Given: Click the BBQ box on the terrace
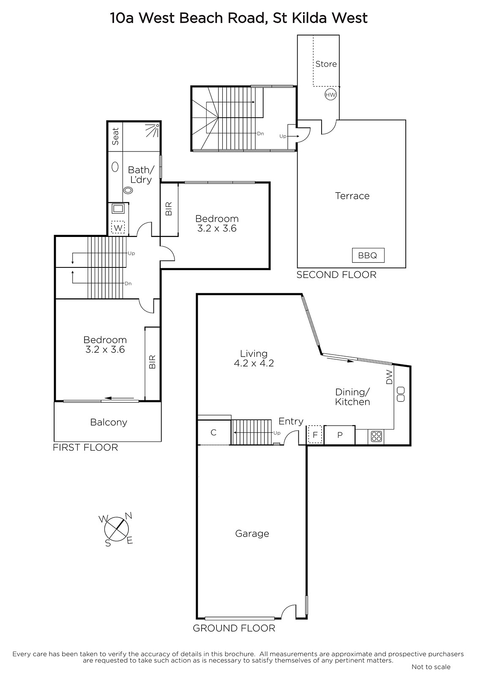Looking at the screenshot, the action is click(x=368, y=256).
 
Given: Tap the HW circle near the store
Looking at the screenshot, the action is click(x=331, y=95).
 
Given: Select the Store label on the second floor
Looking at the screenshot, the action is click(x=326, y=64).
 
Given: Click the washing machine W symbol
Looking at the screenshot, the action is click(x=118, y=228).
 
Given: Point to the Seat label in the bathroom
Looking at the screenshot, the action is click(x=115, y=136).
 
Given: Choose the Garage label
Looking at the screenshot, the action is click(x=252, y=534).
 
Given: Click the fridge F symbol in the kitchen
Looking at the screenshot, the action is click(x=315, y=435).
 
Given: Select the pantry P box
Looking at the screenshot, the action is click(x=340, y=435).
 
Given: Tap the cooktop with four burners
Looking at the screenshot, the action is click(x=376, y=436).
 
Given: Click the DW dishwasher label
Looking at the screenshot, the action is click(x=389, y=377).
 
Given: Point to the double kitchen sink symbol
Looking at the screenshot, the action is click(x=400, y=394).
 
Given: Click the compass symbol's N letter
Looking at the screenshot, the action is click(x=128, y=515).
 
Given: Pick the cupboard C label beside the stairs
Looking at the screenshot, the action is click(x=213, y=432).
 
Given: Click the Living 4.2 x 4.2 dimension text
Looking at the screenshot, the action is click(x=254, y=363).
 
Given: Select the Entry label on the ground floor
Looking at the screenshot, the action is click(x=291, y=421).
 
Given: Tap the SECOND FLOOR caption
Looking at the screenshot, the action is click(x=336, y=275).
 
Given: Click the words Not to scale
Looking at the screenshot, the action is click(x=431, y=667).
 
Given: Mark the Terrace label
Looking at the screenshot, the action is click(x=352, y=196).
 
